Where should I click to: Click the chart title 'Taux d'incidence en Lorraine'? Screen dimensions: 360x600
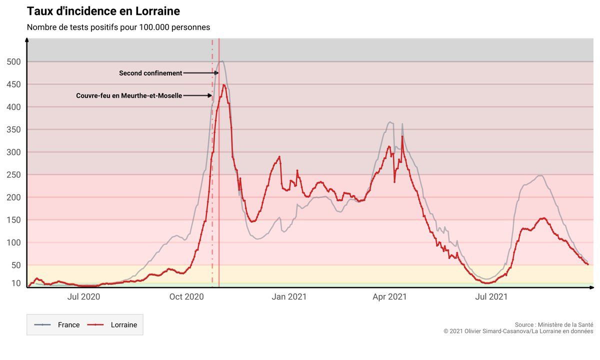click(x=103, y=11)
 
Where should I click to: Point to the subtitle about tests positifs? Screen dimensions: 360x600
click(x=118, y=27)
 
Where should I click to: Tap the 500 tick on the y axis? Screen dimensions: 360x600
click(x=13, y=62)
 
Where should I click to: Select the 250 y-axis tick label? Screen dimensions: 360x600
click(x=13, y=175)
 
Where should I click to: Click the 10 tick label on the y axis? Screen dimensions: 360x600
click(x=16, y=283)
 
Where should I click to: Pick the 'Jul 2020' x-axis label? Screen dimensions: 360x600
click(x=83, y=297)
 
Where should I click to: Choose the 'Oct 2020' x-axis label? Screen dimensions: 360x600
click(x=186, y=297)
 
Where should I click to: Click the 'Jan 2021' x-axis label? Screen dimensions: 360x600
click(x=289, y=297)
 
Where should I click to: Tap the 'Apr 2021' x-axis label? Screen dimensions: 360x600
click(x=389, y=297)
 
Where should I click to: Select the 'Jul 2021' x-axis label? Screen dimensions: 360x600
click(x=491, y=297)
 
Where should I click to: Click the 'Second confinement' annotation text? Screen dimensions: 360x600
click(x=150, y=73)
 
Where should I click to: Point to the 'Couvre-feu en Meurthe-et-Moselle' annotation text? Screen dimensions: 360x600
click(x=129, y=95)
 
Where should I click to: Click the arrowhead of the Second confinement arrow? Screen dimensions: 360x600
click(x=217, y=73)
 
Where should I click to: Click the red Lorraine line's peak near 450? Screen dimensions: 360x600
click(x=223, y=85)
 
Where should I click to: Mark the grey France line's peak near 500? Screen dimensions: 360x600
click(x=221, y=61)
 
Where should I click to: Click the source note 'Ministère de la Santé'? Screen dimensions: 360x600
click(x=554, y=324)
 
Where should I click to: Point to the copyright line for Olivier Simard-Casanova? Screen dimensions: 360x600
click(x=518, y=331)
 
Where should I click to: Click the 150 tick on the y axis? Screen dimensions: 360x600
click(x=13, y=220)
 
